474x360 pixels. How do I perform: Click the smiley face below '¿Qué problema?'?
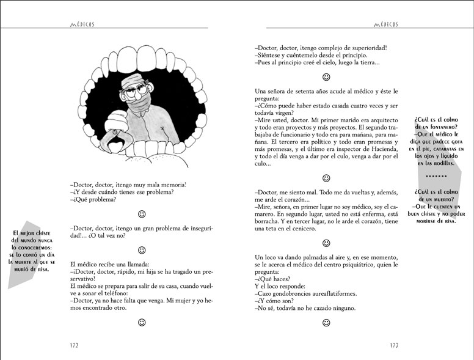142,214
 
